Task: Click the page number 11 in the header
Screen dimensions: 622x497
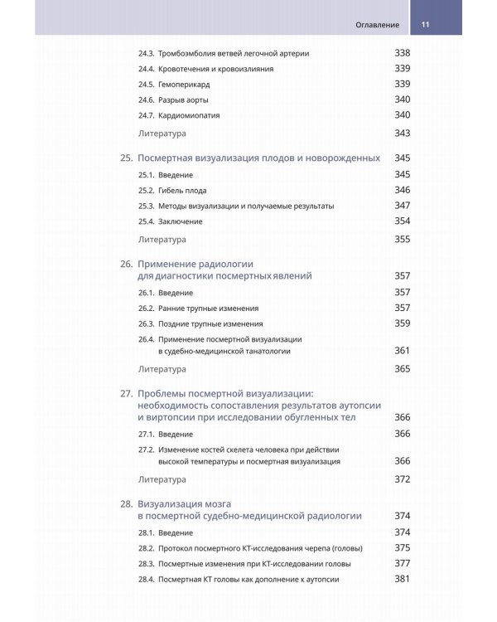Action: [426, 25]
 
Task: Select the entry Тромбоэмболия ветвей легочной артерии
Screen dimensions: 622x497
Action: [234, 54]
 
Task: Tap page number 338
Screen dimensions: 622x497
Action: [402, 54]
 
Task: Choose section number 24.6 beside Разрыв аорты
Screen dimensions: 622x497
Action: [146, 100]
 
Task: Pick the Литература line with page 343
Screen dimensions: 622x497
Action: [162, 134]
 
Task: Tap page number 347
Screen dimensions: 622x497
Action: [402, 206]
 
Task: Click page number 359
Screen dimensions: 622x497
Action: [402, 323]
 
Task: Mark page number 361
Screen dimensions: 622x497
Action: [402, 351]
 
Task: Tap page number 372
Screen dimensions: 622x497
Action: [402, 479]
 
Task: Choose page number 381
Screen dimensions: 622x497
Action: [402, 579]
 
